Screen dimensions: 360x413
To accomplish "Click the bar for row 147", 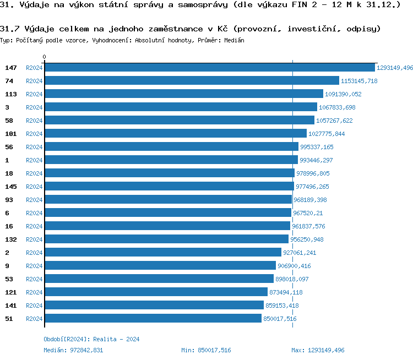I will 209,68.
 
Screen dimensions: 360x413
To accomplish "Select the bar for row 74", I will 192,81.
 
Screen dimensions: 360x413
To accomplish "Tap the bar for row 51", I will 153,319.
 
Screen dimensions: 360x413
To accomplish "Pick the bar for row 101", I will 175,134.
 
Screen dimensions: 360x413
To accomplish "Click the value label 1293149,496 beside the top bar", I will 394,68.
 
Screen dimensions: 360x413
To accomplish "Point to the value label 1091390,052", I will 343,94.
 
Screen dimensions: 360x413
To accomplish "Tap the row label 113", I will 11,94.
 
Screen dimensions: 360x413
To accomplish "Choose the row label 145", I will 11,187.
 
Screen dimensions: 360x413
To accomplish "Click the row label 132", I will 11,239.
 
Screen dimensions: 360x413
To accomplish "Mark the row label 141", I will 11,306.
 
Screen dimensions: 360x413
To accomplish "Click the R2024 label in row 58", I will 34,121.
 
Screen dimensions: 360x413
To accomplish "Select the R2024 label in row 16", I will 34,226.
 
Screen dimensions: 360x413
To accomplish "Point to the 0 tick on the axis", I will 45,57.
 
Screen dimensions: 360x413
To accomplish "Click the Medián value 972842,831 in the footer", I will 84,350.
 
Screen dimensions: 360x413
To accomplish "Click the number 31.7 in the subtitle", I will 9,28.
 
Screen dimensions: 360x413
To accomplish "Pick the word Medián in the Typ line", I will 235,41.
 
